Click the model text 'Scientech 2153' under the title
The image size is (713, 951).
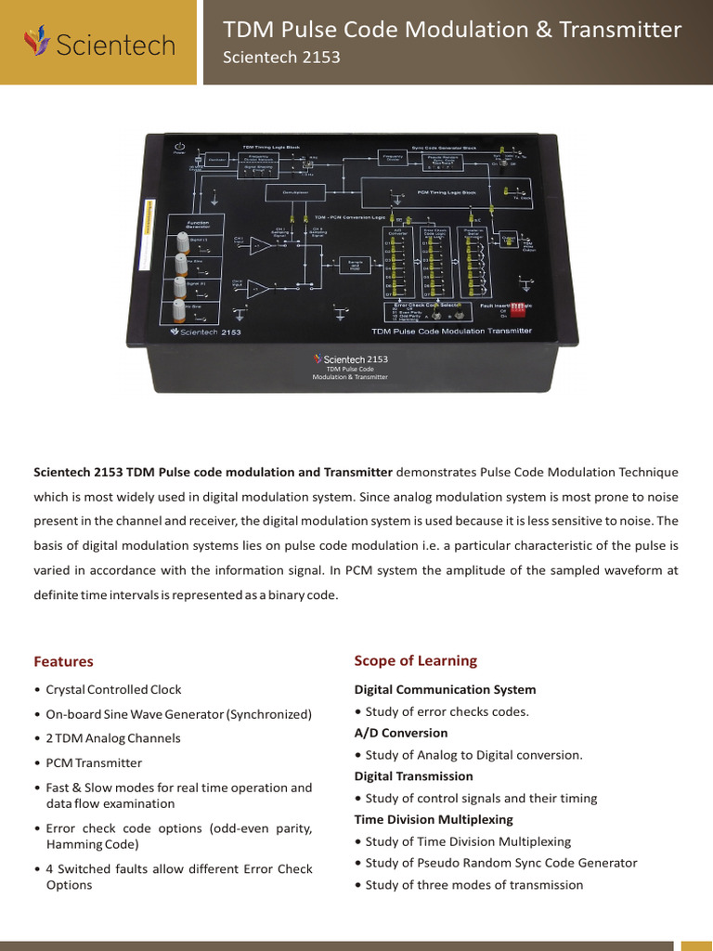click(281, 58)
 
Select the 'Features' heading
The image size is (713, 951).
click(63, 661)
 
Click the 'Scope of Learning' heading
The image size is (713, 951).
click(415, 660)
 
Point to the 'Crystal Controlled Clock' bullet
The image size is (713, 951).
click(113, 690)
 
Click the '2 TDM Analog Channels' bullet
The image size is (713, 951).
click(113, 738)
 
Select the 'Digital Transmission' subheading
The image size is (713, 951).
click(413, 775)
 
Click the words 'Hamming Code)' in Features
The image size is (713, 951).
click(92, 844)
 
